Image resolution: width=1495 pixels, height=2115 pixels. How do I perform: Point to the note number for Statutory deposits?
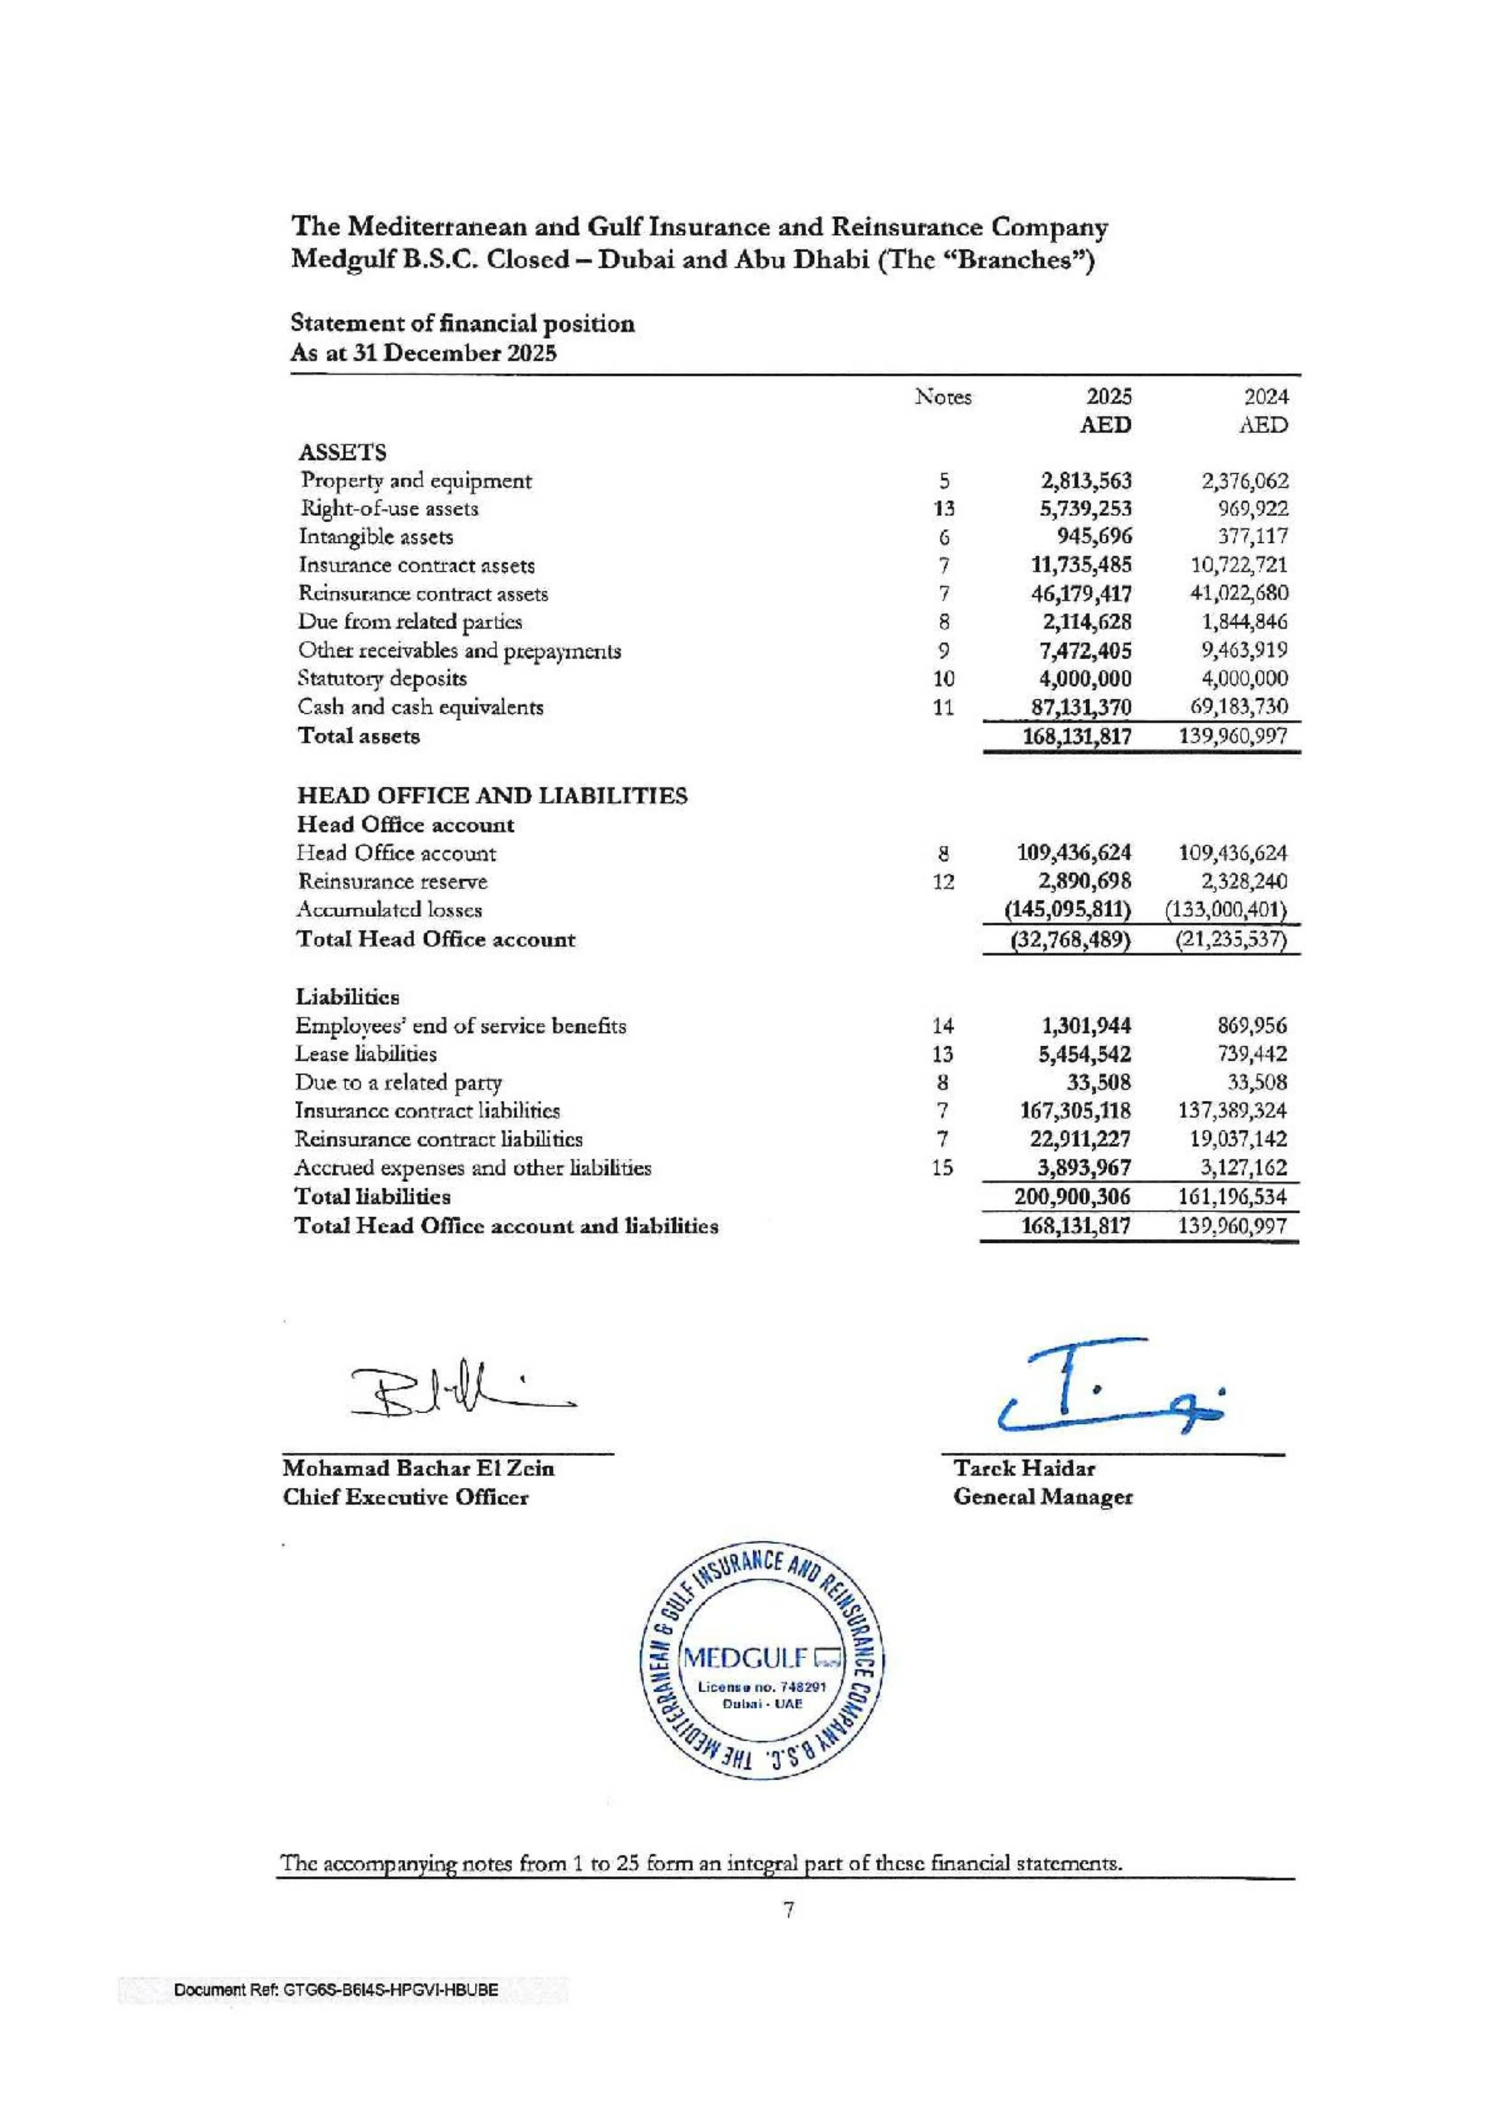(943, 679)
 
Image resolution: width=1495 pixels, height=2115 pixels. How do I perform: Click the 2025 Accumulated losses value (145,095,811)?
(1068, 910)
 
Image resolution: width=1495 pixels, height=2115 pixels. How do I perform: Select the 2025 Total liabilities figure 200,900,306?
(1072, 1196)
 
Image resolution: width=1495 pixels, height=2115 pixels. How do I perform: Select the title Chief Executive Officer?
(405, 1497)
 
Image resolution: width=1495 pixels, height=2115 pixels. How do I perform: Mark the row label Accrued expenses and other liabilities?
(473, 1168)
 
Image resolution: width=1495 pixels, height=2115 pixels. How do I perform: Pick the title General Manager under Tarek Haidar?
(1042, 1497)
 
